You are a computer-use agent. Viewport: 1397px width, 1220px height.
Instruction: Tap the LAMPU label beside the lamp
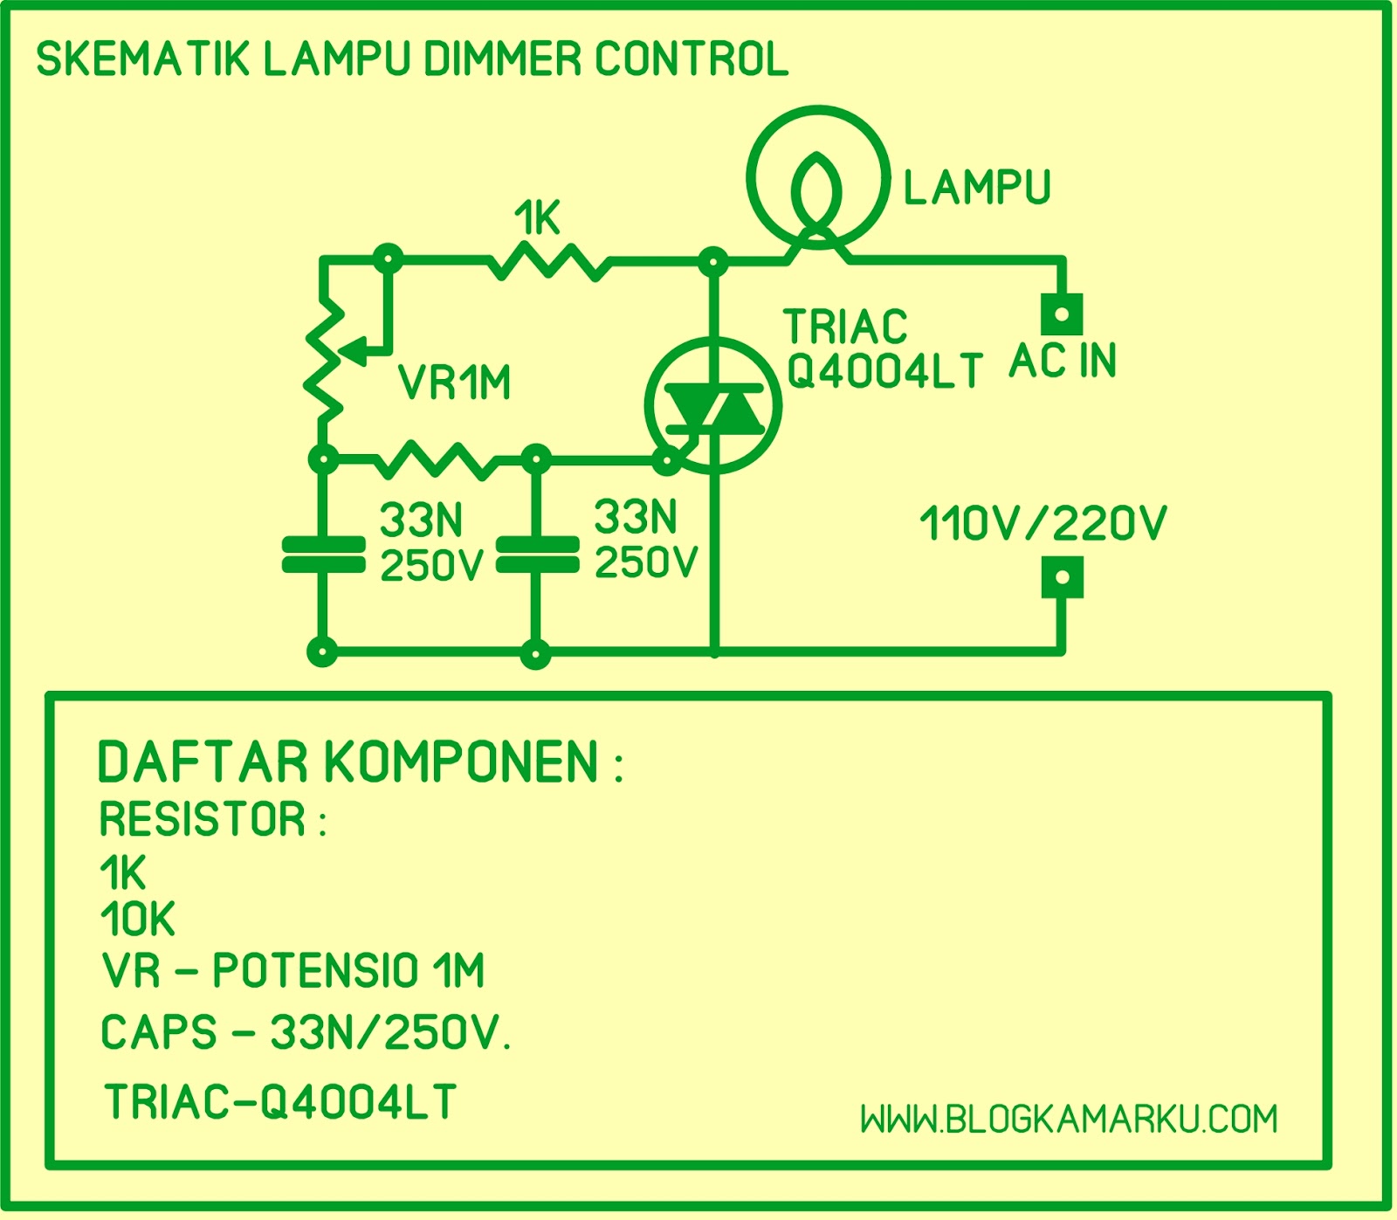pos(976,188)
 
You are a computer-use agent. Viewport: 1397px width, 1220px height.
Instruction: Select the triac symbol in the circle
pos(713,405)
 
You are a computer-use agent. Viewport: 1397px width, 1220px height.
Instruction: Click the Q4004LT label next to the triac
pos(884,372)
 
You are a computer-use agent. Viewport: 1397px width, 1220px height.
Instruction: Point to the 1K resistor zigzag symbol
pos(548,261)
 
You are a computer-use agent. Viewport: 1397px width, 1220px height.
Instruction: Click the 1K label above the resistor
pos(537,218)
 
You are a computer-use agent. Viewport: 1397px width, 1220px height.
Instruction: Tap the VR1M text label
pos(454,383)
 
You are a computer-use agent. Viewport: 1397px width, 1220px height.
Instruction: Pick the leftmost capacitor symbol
pos(324,555)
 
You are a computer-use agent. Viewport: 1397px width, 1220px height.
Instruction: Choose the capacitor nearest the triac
pos(537,555)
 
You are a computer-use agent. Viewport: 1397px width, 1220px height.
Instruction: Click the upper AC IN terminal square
pos(1062,314)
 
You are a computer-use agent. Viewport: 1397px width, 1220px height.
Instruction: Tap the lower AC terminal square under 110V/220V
pos(1062,577)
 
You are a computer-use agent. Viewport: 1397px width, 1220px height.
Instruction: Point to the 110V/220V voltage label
pos(1043,524)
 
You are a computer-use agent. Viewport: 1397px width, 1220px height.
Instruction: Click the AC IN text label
pos(1063,360)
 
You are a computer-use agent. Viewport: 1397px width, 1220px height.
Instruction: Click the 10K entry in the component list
pos(138,919)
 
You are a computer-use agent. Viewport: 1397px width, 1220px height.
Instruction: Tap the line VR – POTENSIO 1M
pos(293,970)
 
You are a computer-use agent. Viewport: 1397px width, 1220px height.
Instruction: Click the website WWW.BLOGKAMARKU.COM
pos(1069,1119)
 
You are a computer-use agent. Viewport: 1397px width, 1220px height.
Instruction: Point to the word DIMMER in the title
pos(502,59)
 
